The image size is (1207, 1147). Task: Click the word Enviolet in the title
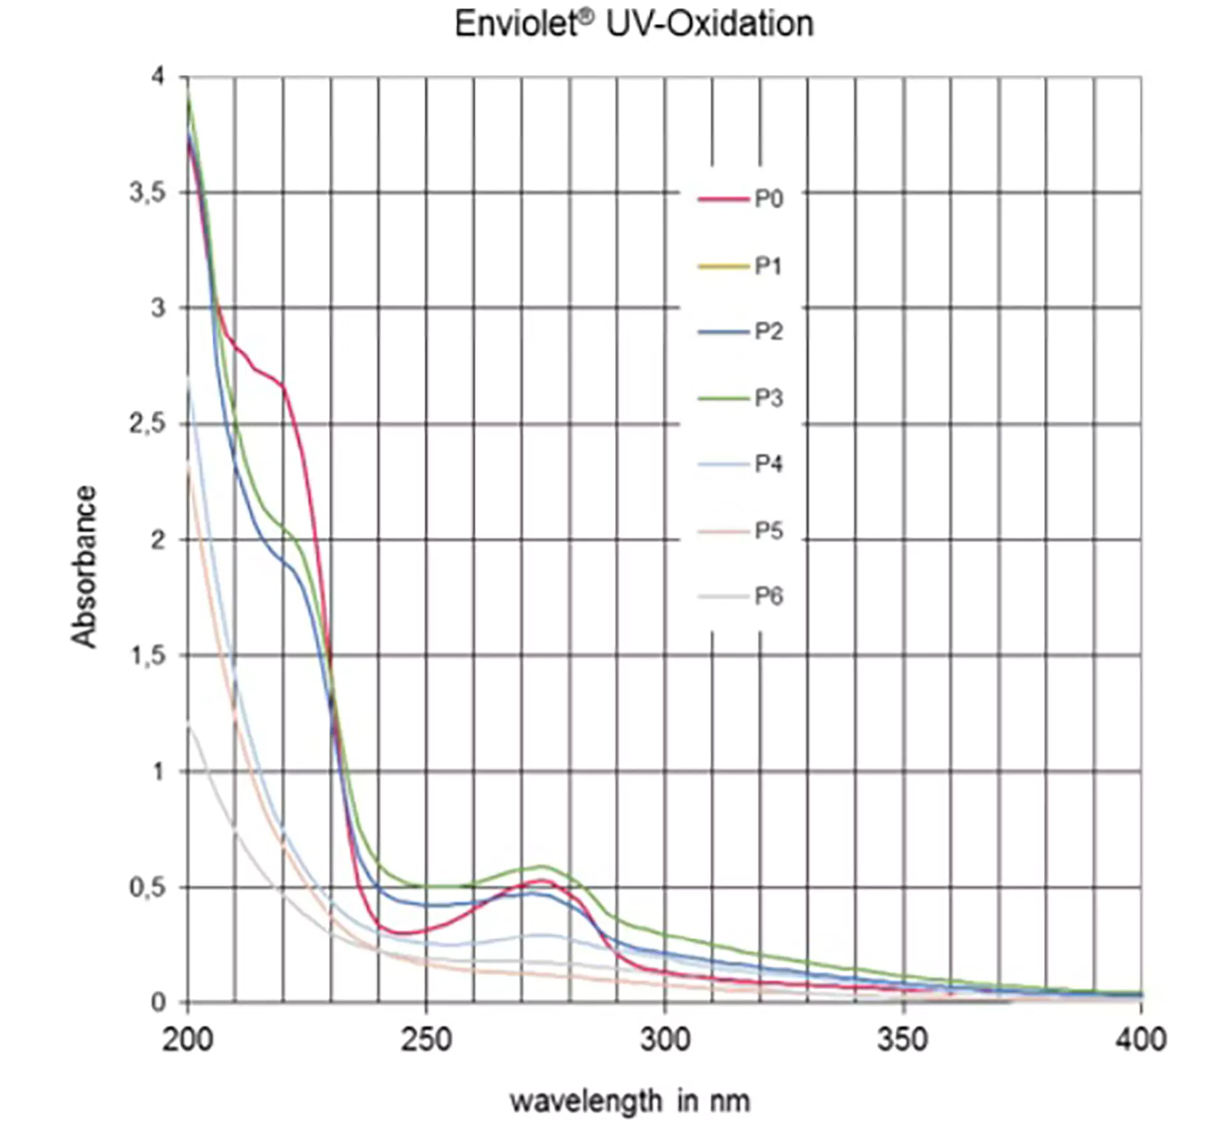point(515,25)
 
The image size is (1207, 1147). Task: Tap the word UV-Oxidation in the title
point(709,25)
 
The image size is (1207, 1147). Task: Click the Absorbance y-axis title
point(84,566)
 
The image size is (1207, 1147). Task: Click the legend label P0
point(769,199)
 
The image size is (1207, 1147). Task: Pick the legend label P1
point(768,266)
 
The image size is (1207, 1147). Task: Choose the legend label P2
point(769,331)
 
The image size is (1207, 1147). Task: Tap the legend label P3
point(769,398)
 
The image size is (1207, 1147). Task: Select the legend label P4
point(769,463)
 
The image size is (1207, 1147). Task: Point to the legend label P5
point(769,530)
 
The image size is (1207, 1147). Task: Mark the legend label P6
point(769,595)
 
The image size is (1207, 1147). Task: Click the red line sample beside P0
point(723,199)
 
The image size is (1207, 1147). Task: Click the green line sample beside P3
point(723,398)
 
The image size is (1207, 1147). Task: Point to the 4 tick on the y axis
point(157,77)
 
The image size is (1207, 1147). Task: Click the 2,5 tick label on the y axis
point(147,424)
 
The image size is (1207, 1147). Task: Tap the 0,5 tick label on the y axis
point(147,887)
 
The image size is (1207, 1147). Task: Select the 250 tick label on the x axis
point(426,1040)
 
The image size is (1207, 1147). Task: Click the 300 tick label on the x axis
point(665,1040)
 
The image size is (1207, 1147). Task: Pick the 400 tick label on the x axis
point(1140,1040)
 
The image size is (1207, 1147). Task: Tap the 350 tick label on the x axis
point(903,1040)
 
